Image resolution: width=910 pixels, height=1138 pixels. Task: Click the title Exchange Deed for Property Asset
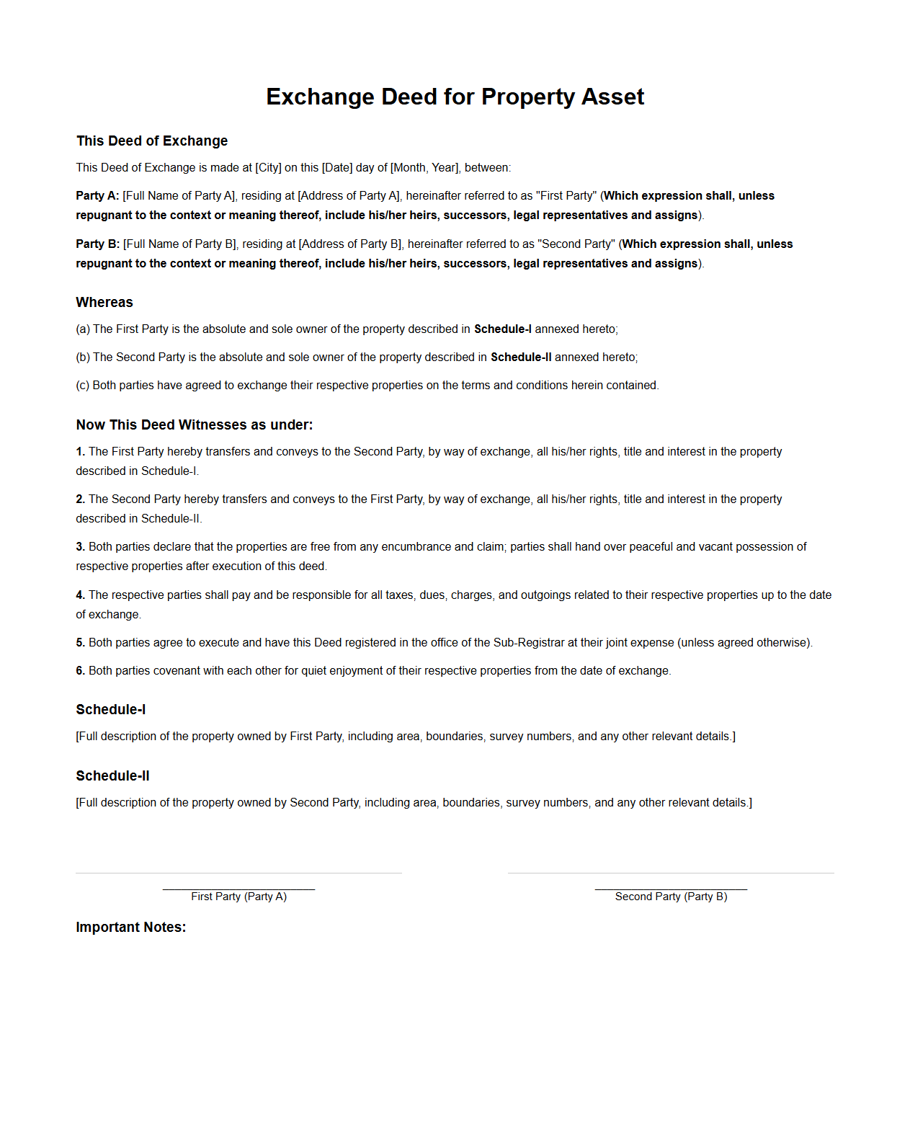coord(455,97)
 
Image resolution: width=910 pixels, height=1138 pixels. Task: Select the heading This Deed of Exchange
coord(152,141)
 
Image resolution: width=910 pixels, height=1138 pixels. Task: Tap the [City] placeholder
coord(268,167)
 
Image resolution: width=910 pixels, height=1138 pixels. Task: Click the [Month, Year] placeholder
coord(424,167)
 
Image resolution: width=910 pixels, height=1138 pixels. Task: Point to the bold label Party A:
coord(97,195)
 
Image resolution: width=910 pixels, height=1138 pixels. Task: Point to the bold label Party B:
coord(97,244)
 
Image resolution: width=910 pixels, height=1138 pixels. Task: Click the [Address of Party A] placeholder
coord(349,195)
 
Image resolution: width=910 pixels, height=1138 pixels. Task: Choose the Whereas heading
coord(104,302)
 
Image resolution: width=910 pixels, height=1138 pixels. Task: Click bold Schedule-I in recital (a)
coord(502,329)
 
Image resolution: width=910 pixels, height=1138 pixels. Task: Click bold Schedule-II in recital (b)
coord(521,357)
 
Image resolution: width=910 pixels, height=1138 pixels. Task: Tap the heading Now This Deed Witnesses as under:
coord(195,424)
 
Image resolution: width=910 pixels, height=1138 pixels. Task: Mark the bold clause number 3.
coord(80,546)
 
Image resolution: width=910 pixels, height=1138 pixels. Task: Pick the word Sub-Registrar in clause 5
coord(526,642)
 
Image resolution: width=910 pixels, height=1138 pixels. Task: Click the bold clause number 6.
coord(80,670)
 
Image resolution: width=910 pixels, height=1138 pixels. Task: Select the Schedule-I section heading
coord(111,709)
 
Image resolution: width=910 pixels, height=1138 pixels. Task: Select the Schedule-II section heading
coord(112,775)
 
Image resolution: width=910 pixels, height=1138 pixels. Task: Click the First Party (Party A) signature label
coord(238,896)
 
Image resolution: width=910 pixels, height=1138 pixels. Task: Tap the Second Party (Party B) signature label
coord(671,896)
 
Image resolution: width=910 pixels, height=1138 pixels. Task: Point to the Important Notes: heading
coord(130,927)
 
